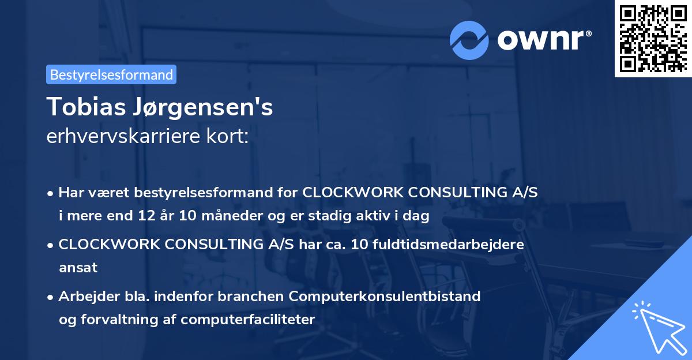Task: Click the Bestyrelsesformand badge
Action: [x=111, y=74]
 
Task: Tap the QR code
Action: [x=653, y=39]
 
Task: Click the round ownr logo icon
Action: [x=469, y=39]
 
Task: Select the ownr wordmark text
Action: [x=543, y=39]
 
